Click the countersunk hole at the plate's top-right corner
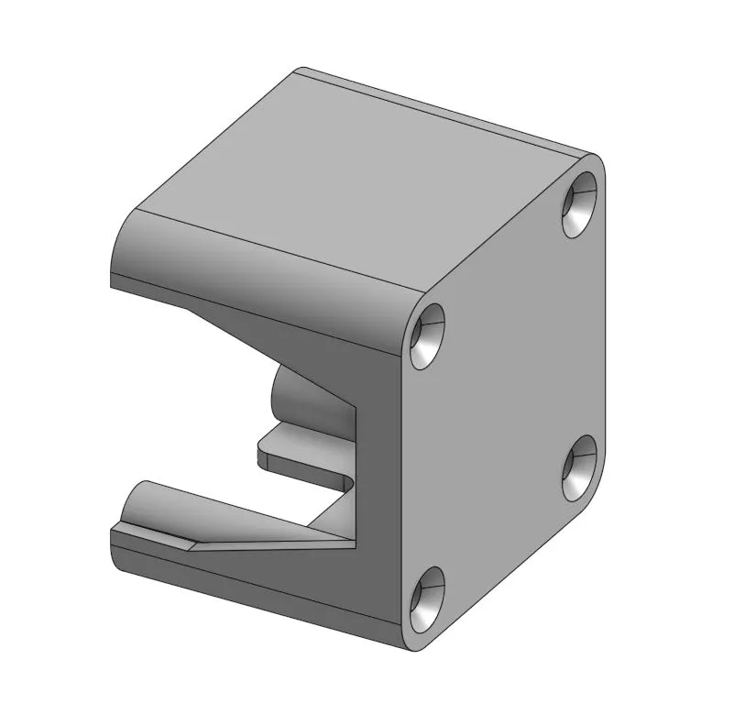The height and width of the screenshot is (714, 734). (579, 203)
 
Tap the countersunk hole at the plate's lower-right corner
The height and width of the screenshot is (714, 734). (580, 467)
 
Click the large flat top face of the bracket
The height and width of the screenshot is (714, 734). (357, 174)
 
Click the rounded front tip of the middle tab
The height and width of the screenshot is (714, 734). (260, 455)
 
